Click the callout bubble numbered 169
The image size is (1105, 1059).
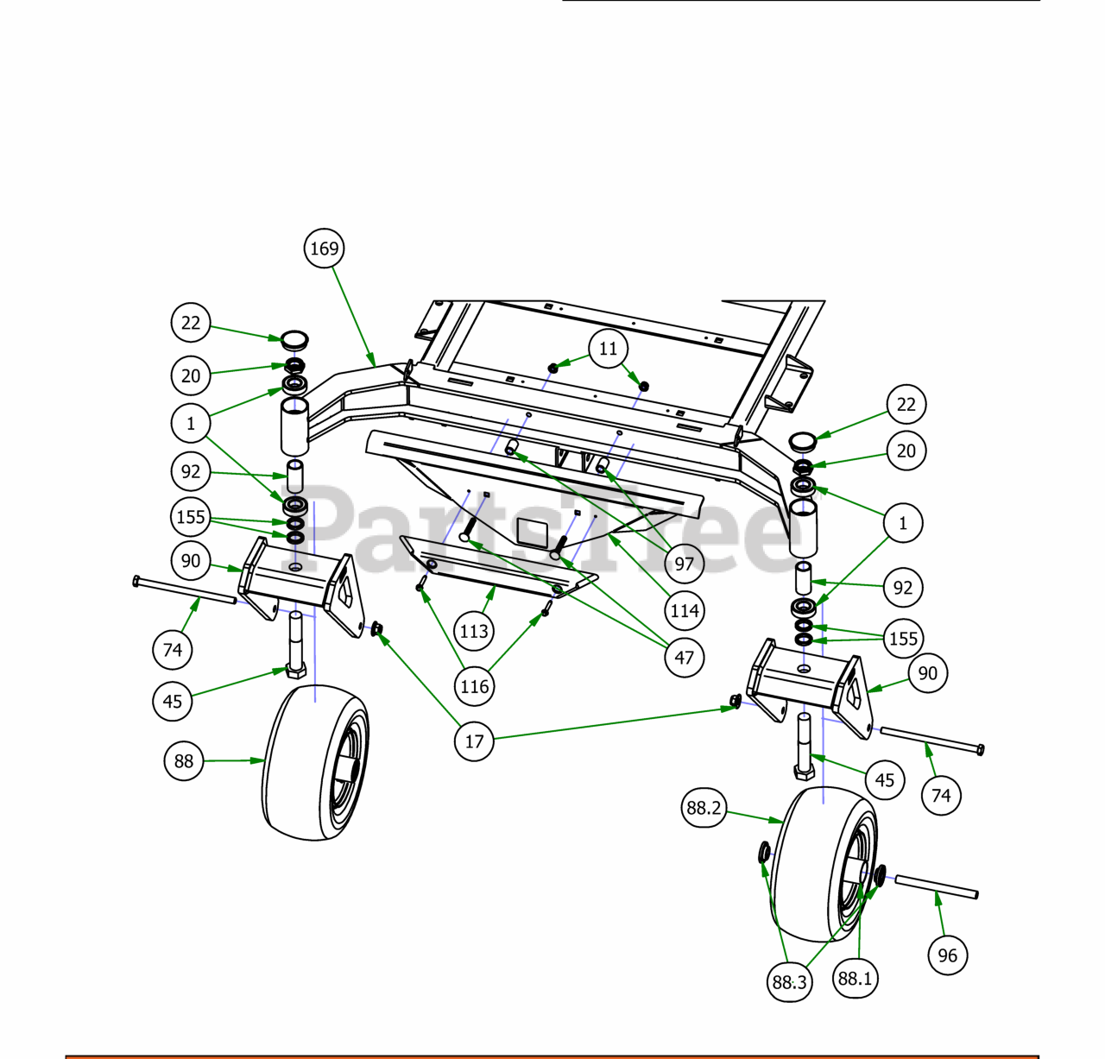click(325, 249)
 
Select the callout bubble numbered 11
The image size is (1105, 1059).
click(608, 349)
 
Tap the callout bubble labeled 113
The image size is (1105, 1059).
click(474, 631)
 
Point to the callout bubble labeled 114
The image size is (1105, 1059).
click(685, 611)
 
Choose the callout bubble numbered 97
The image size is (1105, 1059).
click(685, 564)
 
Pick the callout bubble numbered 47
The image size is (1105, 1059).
click(685, 658)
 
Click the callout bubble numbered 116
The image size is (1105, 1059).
click(474, 686)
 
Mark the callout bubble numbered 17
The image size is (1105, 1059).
click(474, 741)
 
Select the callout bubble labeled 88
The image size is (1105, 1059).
click(183, 761)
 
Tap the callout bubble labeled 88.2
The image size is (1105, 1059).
click(704, 808)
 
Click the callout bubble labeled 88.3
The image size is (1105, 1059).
click(789, 982)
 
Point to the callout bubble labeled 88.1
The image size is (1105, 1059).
click(855, 978)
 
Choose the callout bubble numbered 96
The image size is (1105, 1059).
click(947, 955)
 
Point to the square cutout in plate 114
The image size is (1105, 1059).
click(532, 534)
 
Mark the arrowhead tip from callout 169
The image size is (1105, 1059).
click(376, 366)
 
